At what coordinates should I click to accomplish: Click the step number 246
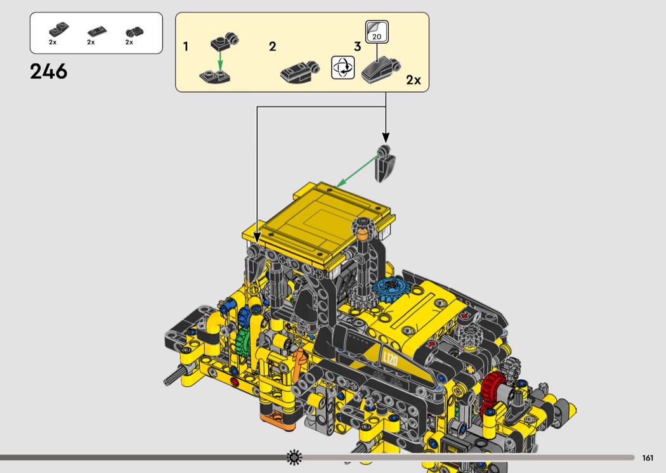pyautogui.click(x=48, y=72)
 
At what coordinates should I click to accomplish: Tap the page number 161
pyautogui.click(x=648, y=458)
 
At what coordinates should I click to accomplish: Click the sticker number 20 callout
pyautogui.click(x=377, y=32)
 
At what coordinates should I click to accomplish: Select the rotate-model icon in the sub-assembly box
pyautogui.click(x=343, y=67)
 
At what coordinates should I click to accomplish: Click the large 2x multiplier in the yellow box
pyautogui.click(x=414, y=80)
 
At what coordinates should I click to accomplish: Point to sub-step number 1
pyautogui.click(x=186, y=46)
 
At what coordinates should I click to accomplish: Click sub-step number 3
pyautogui.click(x=357, y=46)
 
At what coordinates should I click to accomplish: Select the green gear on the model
pyautogui.click(x=242, y=337)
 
